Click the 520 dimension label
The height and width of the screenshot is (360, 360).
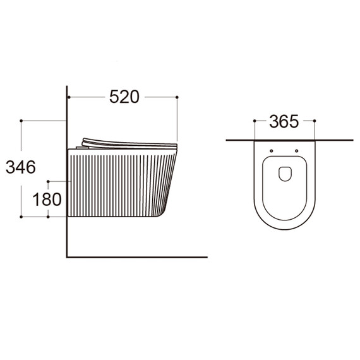(x=124, y=97)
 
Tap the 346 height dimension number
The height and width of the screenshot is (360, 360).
(x=21, y=167)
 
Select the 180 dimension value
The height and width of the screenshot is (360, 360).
(x=47, y=199)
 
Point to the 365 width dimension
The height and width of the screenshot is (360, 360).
(x=284, y=121)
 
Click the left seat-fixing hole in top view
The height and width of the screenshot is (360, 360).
(x=272, y=151)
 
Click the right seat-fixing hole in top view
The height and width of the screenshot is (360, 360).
(x=296, y=151)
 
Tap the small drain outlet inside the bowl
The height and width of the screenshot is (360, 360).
(x=285, y=174)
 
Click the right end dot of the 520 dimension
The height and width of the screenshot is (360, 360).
(x=177, y=97)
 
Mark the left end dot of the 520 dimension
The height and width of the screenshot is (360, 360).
(x=69, y=97)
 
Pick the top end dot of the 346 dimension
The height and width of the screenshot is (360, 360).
(x=21, y=121)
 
